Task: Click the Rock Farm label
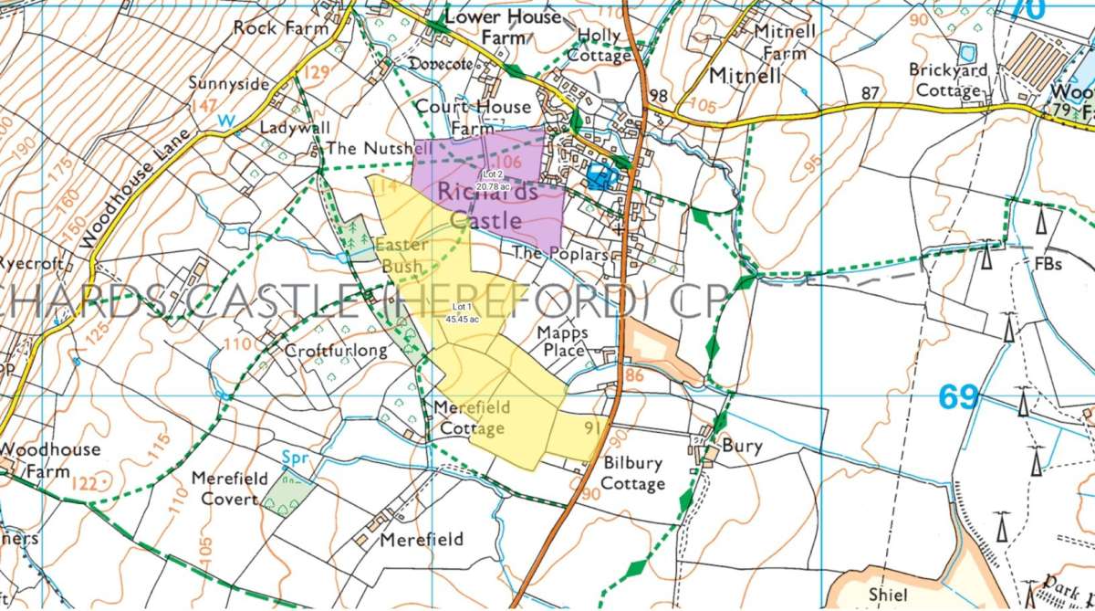(280, 27)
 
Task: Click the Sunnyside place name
(229, 84)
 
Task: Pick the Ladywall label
(295, 128)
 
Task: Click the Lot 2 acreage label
(492, 180)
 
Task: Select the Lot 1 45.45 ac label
(458, 313)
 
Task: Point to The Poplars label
(560, 254)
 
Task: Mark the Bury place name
(741, 447)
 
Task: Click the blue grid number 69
(958, 397)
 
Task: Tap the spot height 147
(204, 107)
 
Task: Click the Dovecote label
(440, 65)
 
